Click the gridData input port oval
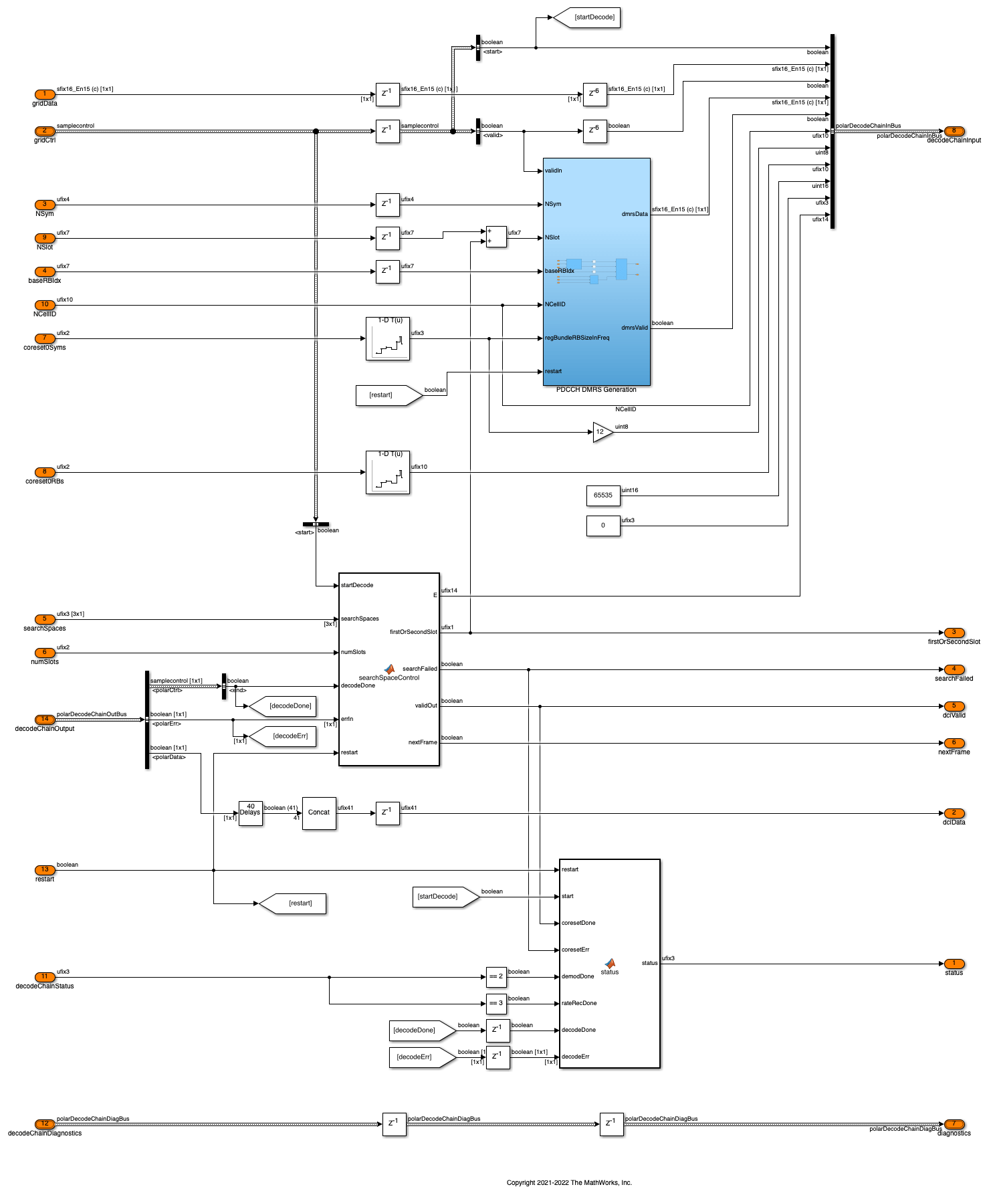[x=45, y=94]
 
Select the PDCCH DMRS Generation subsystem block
[x=596, y=271]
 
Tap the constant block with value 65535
[x=603, y=496]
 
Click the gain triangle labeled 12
[x=601, y=432]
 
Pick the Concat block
[x=319, y=813]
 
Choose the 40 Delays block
[x=251, y=813]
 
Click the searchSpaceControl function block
[x=389, y=669]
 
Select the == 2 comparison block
[x=496, y=977]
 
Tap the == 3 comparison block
[x=496, y=1004]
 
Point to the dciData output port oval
[x=954, y=813]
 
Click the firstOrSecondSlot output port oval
[x=954, y=633]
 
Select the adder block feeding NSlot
[x=496, y=237]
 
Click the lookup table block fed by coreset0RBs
[x=388, y=473]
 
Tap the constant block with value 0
[x=603, y=526]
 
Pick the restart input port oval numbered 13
[x=45, y=870]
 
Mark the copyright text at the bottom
[x=569, y=1183]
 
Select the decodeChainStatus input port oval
[x=45, y=977]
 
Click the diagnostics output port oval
[x=954, y=1124]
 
